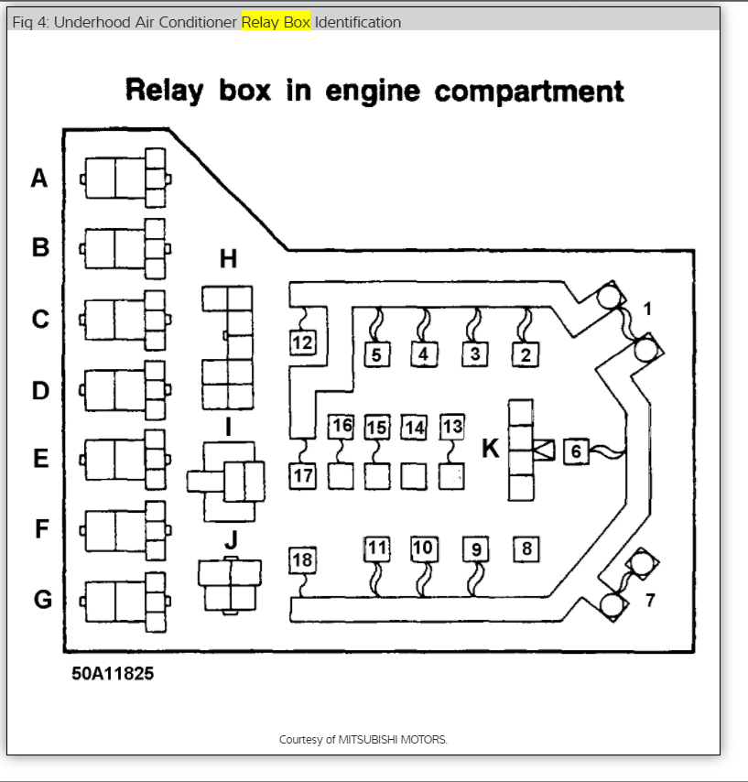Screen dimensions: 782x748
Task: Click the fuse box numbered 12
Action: pyautogui.click(x=302, y=343)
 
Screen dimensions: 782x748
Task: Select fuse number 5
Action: pyautogui.click(x=376, y=353)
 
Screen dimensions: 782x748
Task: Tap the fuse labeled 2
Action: pyautogui.click(x=526, y=354)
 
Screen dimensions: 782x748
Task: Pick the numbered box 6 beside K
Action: pyautogui.click(x=576, y=451)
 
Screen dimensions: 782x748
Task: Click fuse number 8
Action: pyautogui.click(x=526, y=549)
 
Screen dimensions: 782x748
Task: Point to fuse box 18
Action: pyautogui.click(x=302, y=560)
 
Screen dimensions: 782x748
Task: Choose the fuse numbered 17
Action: pyautogui.click(x=303, y=475)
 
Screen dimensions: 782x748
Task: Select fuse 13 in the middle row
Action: pyautogui.click(x=451, y=427)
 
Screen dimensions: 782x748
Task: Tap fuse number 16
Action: pyautogui.click(x=341, y=426)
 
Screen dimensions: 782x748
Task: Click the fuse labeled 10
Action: pyautogui.click(x=422, y=548)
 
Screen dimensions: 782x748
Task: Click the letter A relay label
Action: pyautogui.click(x=38, y=178)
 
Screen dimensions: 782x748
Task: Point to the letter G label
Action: pyautogui.click(x=42, y=600)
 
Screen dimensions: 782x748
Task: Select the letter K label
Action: pyautogui.click(x=491, y=449)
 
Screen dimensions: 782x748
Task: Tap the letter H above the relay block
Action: pyautogui.click(x=228, y=260)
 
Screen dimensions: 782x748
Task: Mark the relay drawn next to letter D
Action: pyautogui.click(x=125, y=392)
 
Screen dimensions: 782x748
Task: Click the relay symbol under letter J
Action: pyautogui.click(x=230, y=584)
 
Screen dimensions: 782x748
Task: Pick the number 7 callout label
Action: pyautogui.click(x=650, y=601)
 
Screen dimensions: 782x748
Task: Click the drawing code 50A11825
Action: pyautogui.click(x=114, y=674)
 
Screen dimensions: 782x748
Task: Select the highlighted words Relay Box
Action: pyautogui.click(x=276, y=22)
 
